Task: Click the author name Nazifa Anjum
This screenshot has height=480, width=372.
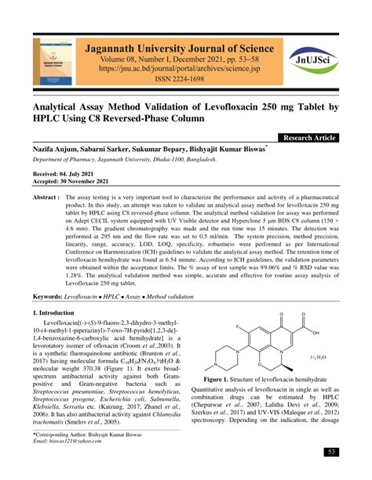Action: (54, 148)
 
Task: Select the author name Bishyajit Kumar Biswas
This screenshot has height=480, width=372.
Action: (229, 148)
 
